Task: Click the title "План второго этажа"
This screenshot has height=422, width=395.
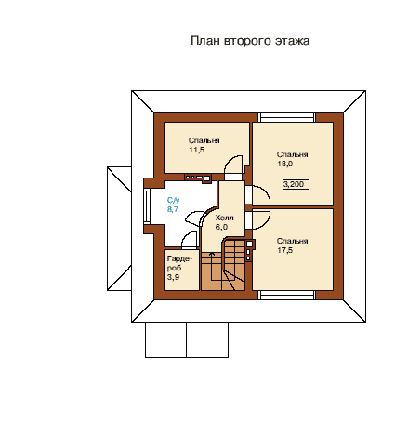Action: click(250, 41)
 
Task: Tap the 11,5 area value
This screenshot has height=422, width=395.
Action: click(197, 150)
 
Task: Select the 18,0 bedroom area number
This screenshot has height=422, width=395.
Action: click(284, 164)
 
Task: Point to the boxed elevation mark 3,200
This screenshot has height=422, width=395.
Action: click(296, 184)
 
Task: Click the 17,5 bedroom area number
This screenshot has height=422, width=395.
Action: click(284, 250)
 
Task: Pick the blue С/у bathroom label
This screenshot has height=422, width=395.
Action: click(173, 200)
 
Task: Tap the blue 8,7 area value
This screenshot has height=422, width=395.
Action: click(173, 209)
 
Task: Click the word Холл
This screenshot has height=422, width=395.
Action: click(224, 218)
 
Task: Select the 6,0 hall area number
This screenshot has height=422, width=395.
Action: click(221, 227)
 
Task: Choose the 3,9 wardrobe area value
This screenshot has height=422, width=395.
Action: click(173, 277)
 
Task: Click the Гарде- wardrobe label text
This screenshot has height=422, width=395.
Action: click(179, 258)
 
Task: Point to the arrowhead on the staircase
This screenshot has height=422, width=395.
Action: click(212, 254)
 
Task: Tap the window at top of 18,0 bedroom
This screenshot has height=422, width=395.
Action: click(286, 118)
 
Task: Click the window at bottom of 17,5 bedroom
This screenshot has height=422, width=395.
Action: click(286, 295)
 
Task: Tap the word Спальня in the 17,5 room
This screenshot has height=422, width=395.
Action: click(292, 241)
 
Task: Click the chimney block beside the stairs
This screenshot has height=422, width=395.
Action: click(250, 250)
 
